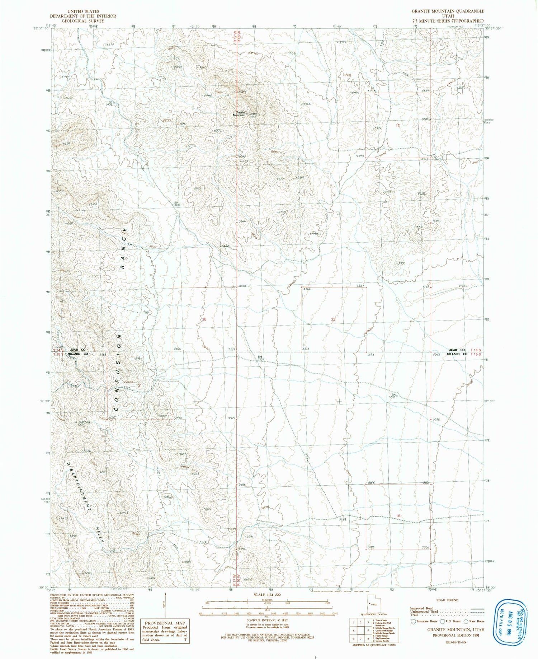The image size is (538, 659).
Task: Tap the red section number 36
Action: click(x=204, y=319)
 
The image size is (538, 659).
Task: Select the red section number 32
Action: click(x=333, y=319)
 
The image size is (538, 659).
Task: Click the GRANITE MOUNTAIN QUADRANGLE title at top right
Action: click(x=447, y=11)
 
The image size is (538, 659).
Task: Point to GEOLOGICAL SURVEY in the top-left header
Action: click(x=83, y=21)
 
